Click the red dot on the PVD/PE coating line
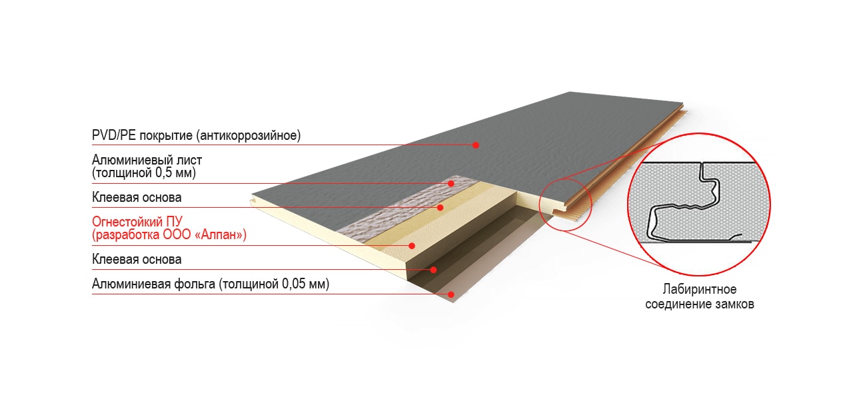coord(476,145)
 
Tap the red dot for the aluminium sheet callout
coord(451,183)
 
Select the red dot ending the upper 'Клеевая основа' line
coord(440,207)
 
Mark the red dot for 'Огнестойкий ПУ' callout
coord(412,246)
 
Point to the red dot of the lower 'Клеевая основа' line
coord(433,270)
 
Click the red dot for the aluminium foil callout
coord(451,294)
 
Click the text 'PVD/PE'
coord(114,135)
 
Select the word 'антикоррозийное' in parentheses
coord(249,135)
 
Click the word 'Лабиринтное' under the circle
coord(700,290)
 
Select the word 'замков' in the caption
coord(734,304)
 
